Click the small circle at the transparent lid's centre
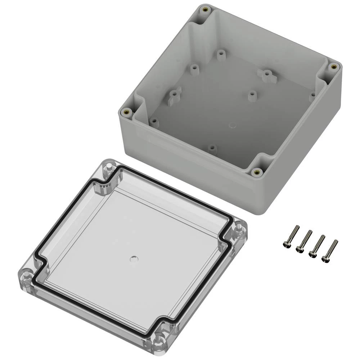(134, 258)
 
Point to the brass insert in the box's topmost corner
(206, 9)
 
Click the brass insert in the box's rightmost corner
(333, 66)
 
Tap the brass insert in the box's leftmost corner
(126, 112)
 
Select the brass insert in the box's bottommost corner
(257, 172)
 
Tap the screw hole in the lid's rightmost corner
(238, 229)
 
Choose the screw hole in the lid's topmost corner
(108, 167)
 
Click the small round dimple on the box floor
(232, 126)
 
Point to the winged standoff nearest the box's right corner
(266, 75)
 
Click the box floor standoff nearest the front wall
(212, 148)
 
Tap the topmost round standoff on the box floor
(220, 54)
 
